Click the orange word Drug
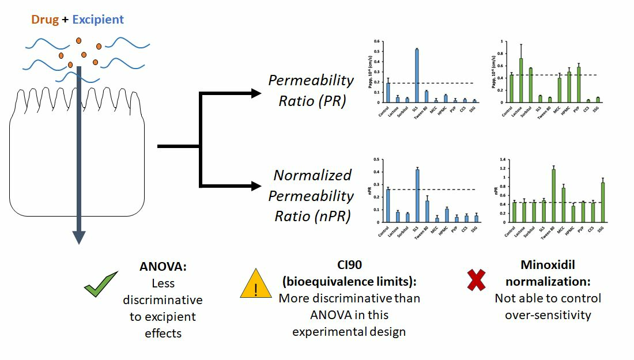(45, 20)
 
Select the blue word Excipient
(98, 20)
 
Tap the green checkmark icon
(101, 284)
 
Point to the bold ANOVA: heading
(163, 267)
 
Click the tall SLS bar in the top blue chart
(417, 75)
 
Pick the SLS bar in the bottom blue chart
(417, 195)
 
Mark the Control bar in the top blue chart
(388, 92)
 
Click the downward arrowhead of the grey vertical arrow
(79, 237)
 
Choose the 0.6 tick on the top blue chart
(376, 41)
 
